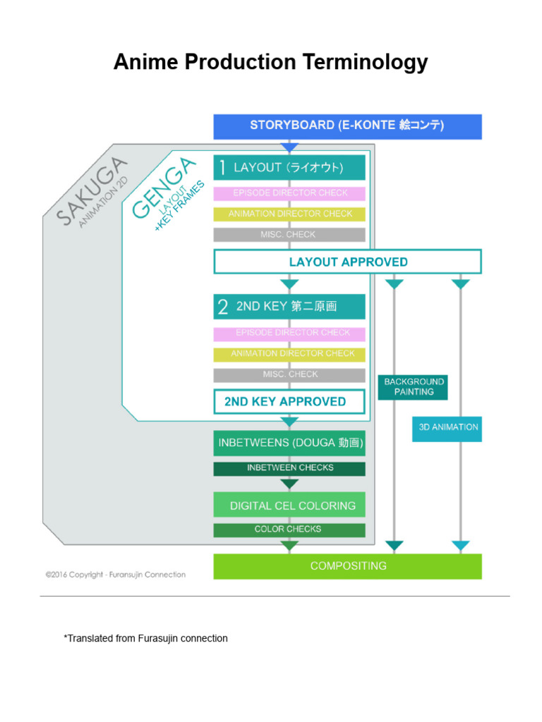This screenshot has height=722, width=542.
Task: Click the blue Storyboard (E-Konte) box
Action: (347, 126)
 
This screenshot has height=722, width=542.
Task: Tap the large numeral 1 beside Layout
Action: (222, 168)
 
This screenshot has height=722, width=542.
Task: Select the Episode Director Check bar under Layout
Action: (289, 193)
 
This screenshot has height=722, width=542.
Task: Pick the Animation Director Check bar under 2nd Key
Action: (289, 354)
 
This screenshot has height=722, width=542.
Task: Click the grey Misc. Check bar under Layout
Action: (289, 235)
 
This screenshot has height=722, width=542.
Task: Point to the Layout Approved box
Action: (347, 262)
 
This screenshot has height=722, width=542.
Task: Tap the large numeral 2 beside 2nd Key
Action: (222, 307)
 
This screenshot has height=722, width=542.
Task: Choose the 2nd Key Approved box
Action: (289, 402)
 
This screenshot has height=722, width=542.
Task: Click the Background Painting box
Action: (413, 386)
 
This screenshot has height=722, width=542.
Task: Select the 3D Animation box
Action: (447, 428)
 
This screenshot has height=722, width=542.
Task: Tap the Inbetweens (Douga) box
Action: (289, 443)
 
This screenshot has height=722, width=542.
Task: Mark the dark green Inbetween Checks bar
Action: (289, 468)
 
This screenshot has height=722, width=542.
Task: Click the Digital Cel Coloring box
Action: (289, 506)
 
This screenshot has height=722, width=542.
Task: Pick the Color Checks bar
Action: (289, 530)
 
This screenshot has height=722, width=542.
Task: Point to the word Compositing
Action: (348, 566)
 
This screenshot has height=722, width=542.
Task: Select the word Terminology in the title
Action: (363, 63)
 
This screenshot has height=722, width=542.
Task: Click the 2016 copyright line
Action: (116, 575)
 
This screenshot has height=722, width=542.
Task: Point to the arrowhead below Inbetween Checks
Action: (289, 484)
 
